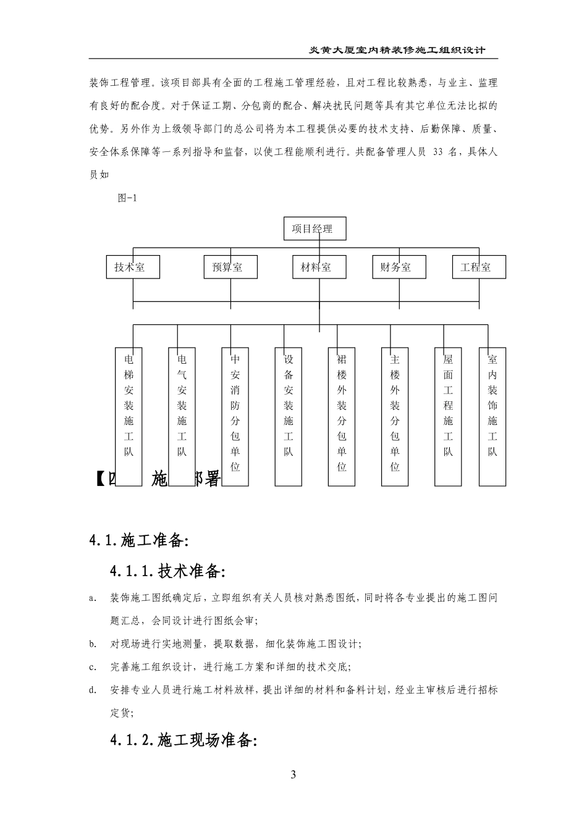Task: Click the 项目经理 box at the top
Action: click(315, 229)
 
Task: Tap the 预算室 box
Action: click(230, 267)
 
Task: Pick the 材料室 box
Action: click(319, 267)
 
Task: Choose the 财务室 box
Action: click(399, 267)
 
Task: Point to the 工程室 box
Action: click(479, 267)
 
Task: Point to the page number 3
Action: click(293, 775)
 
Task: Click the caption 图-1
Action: click(126, 198)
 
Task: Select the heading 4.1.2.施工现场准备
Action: click(183, 740)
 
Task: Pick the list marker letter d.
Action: click(91, 690)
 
